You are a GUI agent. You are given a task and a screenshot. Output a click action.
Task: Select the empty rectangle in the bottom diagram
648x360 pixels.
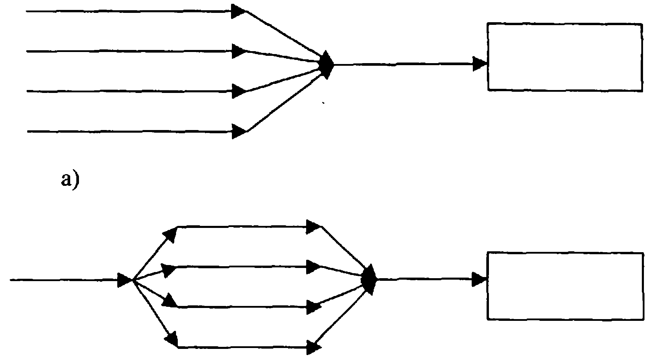565,285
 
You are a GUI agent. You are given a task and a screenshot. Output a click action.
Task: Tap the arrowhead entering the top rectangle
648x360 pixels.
480,64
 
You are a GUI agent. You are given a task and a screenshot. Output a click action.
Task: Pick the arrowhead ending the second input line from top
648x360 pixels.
239,51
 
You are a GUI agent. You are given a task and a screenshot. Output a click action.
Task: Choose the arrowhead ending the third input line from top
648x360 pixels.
239,91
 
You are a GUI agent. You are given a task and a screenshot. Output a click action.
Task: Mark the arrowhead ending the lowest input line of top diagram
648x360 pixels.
239,131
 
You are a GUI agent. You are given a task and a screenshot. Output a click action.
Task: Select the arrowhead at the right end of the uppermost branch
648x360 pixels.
313,227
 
